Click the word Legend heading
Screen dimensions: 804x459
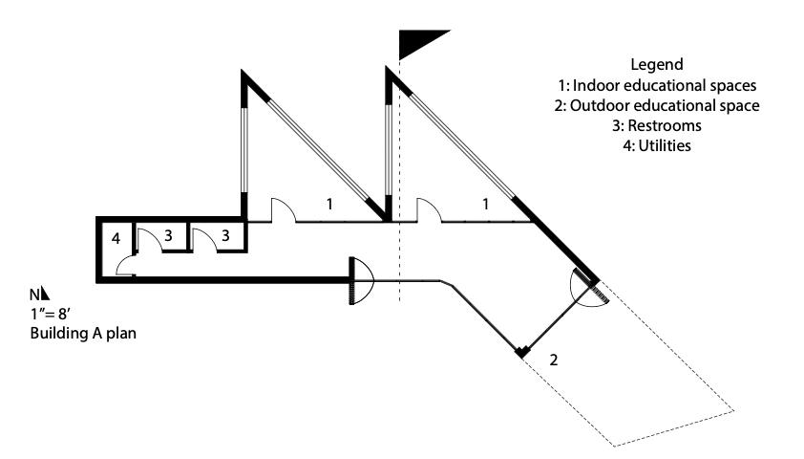pos(657,65)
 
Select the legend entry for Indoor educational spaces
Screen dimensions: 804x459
pos(657,85)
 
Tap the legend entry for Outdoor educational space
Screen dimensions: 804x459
pos(657,106)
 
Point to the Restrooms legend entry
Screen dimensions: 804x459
pos(657,126)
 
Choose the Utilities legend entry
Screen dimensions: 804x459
pos(657,146)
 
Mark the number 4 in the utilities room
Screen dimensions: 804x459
pos(115,237)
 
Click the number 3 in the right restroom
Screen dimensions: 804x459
pos(225,234)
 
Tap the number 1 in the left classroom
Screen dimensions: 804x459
pos(329,204)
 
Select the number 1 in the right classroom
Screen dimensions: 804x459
pos(486,204)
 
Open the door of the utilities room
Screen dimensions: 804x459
pos(126,271)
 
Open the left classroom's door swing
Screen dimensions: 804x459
pos(284,209)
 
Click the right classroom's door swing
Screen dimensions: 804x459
pos(428,209)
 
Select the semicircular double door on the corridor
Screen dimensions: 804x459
pos(360,280)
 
